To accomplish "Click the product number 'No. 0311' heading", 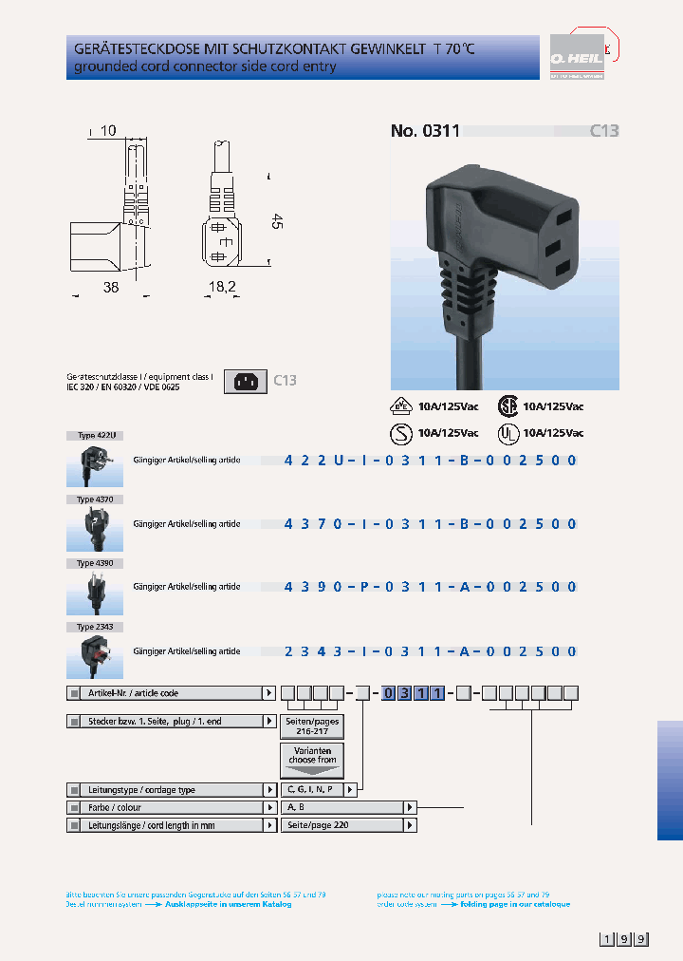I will click(x=425, y=131).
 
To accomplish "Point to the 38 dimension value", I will click(x=111, y=287).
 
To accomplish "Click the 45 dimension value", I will click(x=277, y=221).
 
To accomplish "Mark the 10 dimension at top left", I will click(x=107, y=131).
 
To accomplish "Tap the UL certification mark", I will click(x=509, y=433).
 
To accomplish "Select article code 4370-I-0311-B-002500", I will click(x=431, y=524).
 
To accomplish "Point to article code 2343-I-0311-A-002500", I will click(x=431, y=651).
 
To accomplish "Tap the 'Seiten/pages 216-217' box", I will click(x=311, y=726).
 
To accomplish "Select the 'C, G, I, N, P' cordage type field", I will click(x=312, y=789).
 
